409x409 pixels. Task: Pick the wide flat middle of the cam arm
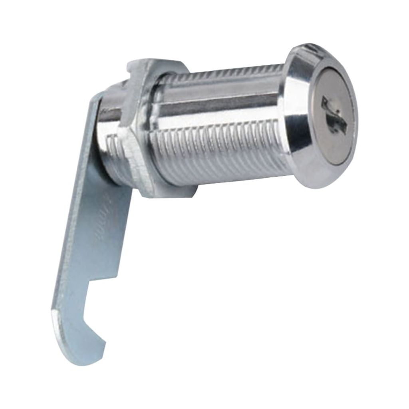[x=92, y=240]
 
